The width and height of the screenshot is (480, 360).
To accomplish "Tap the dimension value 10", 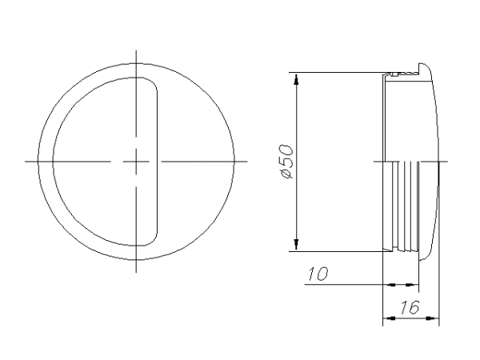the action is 318,274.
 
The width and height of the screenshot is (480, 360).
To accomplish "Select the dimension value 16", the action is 410,307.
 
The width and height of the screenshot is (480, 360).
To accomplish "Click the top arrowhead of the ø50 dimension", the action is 296,78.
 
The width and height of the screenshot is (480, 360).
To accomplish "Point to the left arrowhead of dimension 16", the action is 389,318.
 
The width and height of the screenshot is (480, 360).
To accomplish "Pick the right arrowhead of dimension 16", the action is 433,318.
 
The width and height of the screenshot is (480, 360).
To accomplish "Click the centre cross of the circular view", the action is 136,162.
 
